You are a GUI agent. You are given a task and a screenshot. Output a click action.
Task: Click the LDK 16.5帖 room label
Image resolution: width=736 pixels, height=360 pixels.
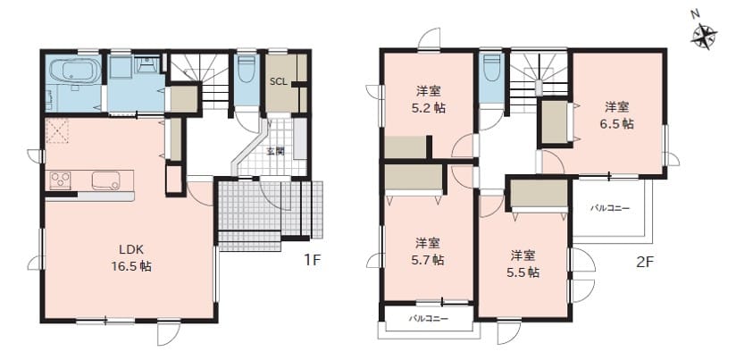[131, 257]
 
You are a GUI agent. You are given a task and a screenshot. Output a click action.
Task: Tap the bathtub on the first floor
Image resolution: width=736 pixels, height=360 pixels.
[76, 71]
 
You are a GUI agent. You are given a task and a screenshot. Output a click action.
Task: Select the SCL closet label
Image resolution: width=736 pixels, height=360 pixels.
[279, 80]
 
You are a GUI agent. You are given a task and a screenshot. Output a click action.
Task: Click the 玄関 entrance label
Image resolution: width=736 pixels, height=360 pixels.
[275, 151]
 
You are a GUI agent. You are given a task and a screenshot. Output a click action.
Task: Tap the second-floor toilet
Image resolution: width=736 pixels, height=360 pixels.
[492, 69]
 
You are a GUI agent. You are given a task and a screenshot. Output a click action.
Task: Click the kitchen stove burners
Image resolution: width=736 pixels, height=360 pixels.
[61, 180]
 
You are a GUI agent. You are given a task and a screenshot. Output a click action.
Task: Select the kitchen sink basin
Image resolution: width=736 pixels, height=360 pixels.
[105, 180]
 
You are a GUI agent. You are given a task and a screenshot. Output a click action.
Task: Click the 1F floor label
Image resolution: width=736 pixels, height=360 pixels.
[312, 261]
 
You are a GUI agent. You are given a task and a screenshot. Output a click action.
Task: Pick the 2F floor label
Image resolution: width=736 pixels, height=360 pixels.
[645, 262]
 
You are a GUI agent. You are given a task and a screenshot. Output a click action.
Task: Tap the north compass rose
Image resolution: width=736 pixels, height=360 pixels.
[704, 36]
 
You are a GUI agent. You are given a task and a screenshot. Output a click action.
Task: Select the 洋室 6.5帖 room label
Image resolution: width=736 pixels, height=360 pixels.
[617, 115]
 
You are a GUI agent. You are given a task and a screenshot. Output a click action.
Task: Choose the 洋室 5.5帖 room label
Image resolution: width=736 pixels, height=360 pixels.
[524, 264]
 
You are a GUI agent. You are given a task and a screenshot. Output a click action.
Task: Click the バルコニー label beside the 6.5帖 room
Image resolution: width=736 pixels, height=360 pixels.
[610, 208]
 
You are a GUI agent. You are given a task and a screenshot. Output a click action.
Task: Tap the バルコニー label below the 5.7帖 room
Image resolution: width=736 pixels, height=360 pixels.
[428, 319]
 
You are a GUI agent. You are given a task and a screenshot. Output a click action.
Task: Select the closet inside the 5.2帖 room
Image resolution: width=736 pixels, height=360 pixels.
[406, 147]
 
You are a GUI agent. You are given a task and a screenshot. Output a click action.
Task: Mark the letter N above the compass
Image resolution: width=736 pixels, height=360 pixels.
[695, 15]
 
